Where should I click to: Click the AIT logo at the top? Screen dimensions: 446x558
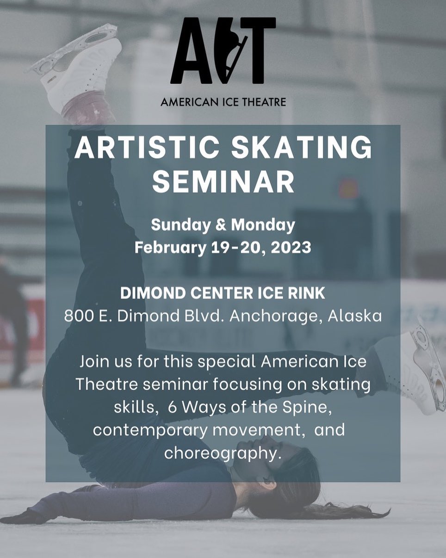(x=223, y=50)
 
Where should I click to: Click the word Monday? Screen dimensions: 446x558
(x=263, y=225)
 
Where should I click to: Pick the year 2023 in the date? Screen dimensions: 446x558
(x=291, y=247)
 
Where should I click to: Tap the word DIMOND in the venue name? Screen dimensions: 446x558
(x=153, y=293)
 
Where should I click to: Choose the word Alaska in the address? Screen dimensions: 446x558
(x=355, y=316)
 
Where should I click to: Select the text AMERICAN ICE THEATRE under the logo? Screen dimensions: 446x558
(x=223, y=102)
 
